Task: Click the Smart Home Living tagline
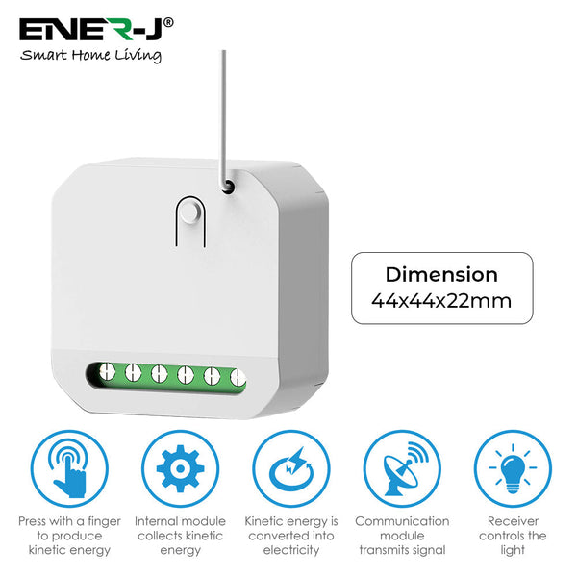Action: pos(91,56)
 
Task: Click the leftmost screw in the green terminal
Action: pos(107,373)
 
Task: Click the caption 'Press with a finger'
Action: pos(69,521)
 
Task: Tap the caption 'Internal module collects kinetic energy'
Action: pos(179,536)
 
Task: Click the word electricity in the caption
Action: pos(289,550)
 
